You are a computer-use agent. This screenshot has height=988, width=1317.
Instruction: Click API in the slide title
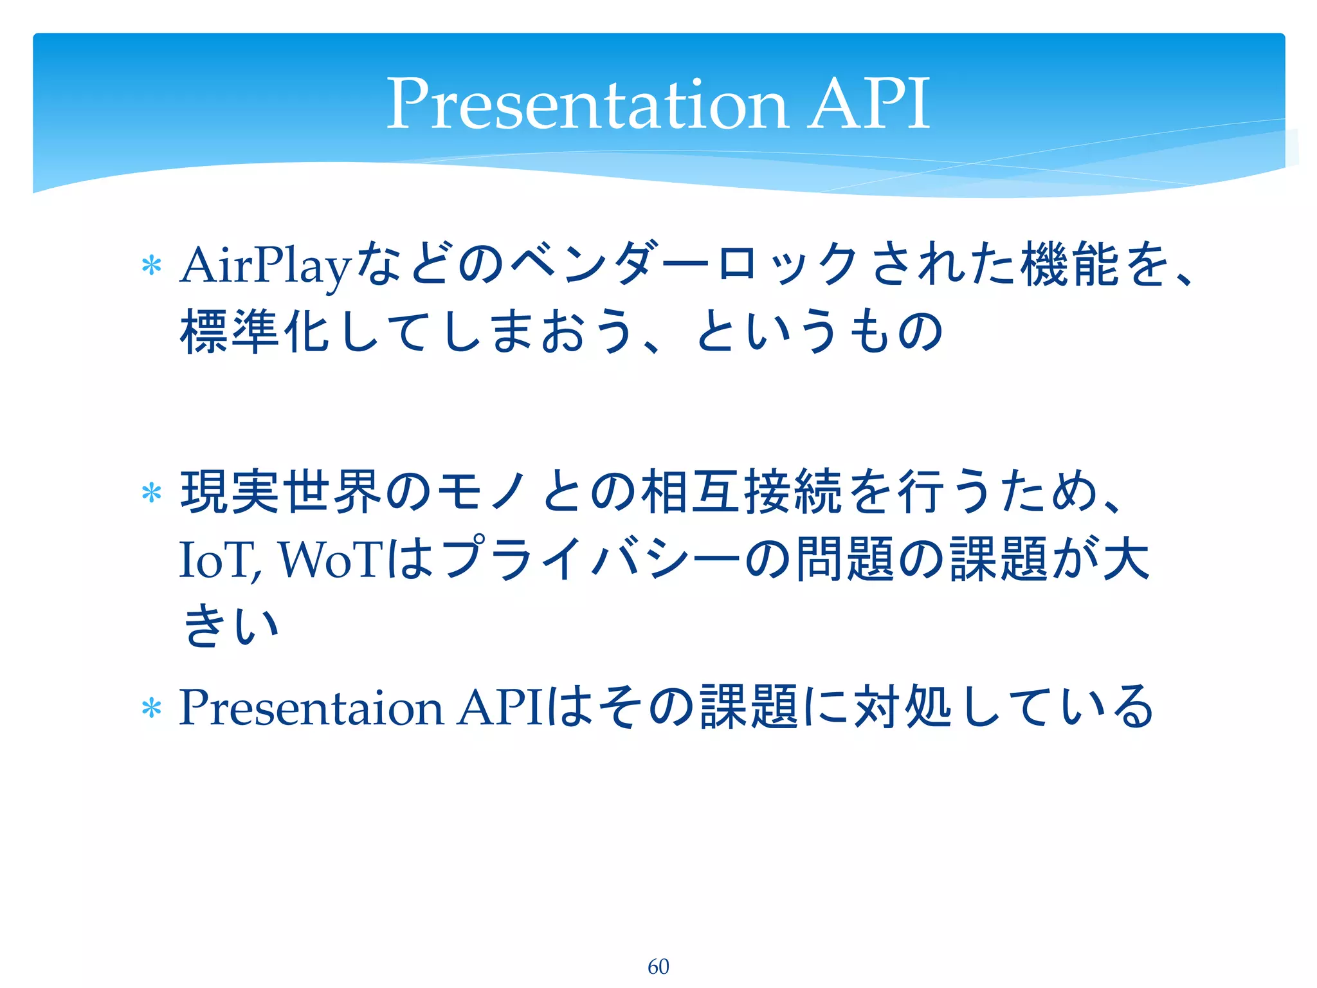tap(868, 104)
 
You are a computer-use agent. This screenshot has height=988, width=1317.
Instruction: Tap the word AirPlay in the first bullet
tap(266, 265)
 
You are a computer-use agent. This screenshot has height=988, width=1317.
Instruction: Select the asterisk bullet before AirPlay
tap(151, 266)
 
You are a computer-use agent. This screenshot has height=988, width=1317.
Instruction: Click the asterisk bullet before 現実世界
tap(151, 493)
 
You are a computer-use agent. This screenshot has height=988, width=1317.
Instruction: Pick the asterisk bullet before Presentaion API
tap(151, 708)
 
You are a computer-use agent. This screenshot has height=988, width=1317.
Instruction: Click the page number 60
tap(658, 966)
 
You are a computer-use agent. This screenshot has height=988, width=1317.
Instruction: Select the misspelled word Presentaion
tap(311, 708)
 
